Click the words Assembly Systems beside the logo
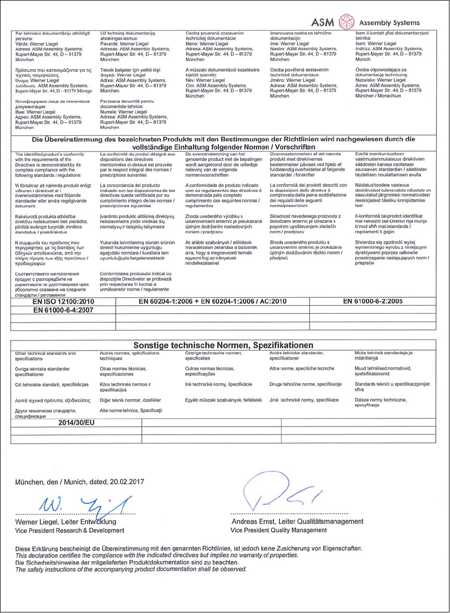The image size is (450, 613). point(389,23)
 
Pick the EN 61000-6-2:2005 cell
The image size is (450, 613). point(373,301)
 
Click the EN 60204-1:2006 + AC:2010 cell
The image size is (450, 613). point(212,301)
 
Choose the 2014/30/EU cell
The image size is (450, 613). point(76,422)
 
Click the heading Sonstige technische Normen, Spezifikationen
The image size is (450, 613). point(224,345)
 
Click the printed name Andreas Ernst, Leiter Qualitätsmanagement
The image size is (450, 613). point(298,522)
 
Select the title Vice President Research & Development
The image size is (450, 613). point(62,530)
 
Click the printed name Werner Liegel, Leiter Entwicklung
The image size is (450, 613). point(66,522)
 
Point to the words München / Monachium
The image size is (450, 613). point(379,96)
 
